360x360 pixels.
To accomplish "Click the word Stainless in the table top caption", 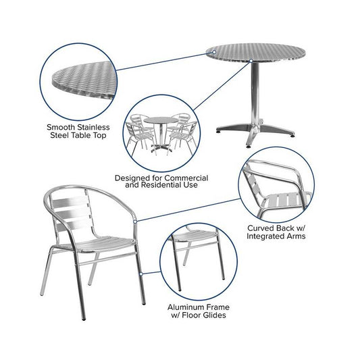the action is [x=93, y=127].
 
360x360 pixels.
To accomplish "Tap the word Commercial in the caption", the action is [x=186, y=178].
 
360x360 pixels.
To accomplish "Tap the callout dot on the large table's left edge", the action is [x=214, y=52].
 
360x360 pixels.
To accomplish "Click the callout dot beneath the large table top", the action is [x=251, y=61].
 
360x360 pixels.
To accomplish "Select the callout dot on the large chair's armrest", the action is [x=135, y=222].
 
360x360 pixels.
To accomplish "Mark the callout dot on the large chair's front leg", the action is [x=141, y=274].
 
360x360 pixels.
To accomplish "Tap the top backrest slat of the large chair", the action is [x=69, y=203].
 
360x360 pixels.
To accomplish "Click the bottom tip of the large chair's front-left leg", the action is [x=84, y=319].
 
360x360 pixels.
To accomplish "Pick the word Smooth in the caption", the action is [x=61, y=127].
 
